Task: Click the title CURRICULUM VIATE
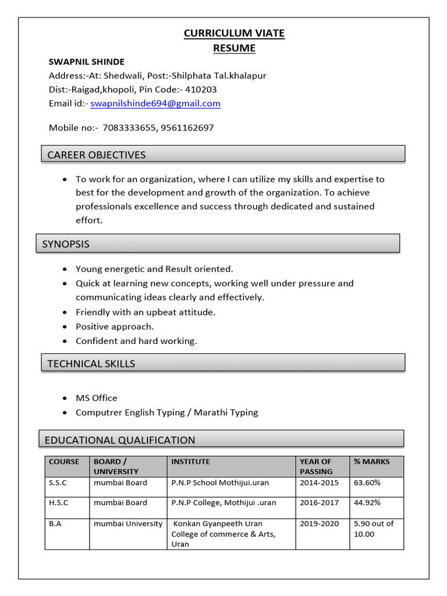click(x=234, y=33)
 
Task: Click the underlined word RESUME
click(x=234, y=48)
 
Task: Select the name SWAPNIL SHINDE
click(x=86, y=62)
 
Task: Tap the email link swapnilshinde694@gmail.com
click(x=155, y=104)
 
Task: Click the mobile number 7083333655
click(x=128, y=127)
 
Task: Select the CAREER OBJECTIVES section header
click(x=97, y=155)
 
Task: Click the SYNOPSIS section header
click(x=66, y=244)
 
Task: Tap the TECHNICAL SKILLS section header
click(x=91, y=364)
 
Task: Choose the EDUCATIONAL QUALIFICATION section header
click(x=120, y=440)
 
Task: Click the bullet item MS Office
click(x=97, y=398)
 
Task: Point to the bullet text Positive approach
click(x=115, y=327)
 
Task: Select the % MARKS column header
click(x=371, y=462)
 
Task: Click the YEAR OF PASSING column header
click(x=316, y=466)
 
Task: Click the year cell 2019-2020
click(x=319, y=524)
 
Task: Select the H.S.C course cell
click(x=57, y=502)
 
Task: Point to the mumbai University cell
click(x=128, y=524)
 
